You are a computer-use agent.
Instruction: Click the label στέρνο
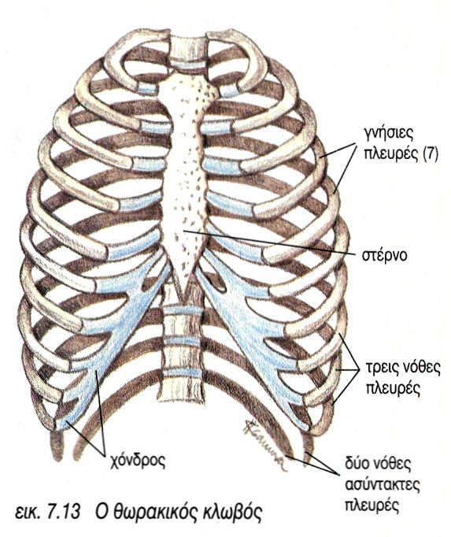tap(384, 255)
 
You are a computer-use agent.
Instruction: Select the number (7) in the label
tap(431, 155)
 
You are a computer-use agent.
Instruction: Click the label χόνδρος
tap(139, 461)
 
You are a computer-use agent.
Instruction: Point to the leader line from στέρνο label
tap(270, 243)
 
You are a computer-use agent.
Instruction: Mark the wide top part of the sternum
tap(187, 92)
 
